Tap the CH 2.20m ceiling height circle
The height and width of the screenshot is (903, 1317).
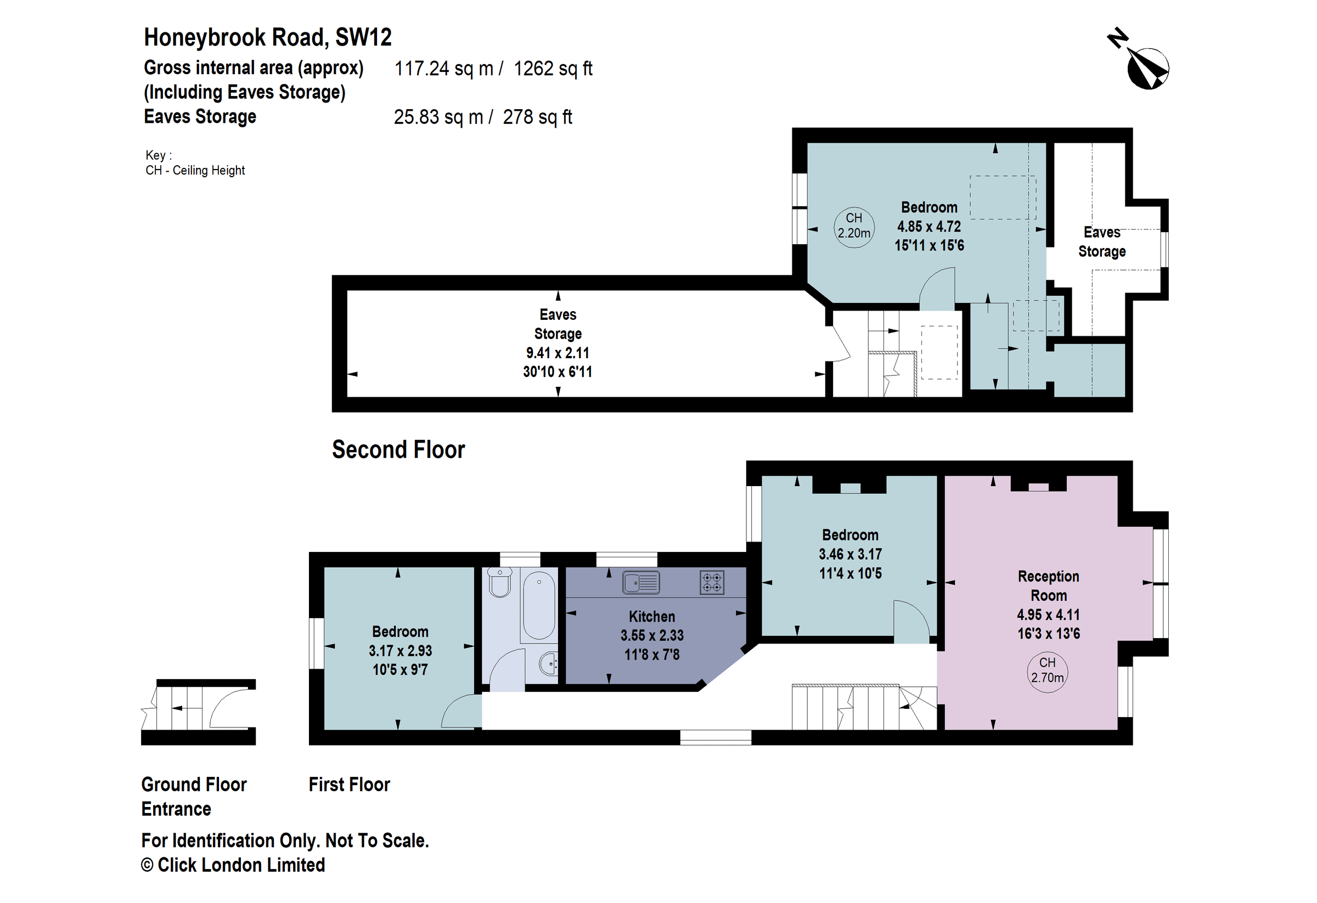(x=853, y=226)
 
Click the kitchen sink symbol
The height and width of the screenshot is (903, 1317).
(x=641, y=583)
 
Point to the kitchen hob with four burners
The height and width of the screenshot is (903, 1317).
(x=712, y=583)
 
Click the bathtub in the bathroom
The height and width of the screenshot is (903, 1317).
(x=538, y=605)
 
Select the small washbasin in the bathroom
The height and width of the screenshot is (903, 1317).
(x=548, y=663)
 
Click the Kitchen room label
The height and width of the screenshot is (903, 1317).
(x=652, y=616)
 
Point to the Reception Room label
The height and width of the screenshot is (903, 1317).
(x=1048, y=586)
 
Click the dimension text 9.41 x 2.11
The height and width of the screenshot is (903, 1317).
(x=557, y=353)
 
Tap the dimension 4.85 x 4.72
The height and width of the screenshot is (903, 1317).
(x=929, y=227)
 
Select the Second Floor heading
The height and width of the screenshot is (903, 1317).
(x=398, y=450)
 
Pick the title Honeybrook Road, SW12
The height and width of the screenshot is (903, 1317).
(x=267, y=37)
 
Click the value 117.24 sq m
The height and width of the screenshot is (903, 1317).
(x=444, y=69)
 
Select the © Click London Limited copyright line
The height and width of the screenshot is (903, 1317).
(x=233, y=865)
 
